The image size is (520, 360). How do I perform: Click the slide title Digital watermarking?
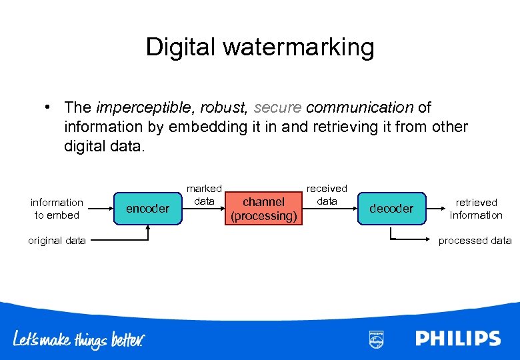(x=260, y=47)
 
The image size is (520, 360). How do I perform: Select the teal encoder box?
(x=147, y=209)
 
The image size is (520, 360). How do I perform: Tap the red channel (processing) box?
(x=263, y=209)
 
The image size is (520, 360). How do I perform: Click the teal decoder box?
(x=391, y=209)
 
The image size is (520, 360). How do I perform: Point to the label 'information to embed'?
(x=57, y=209)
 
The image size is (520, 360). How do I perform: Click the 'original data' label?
(x=57, y=241)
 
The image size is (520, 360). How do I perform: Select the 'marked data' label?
(x=204, y=195)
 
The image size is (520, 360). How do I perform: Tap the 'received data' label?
(x=327, y=195)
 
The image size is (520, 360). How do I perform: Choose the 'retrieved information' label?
(x=476, y=209)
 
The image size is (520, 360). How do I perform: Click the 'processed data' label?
(x=475, y=241)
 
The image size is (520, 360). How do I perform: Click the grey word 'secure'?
(x=277, y=107)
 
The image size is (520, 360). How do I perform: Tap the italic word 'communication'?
(x=359, y=107)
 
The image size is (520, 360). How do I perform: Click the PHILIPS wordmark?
(x=457, y=338)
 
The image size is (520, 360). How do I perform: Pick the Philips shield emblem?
(x=377, y=339)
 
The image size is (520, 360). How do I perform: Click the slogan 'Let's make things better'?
(x=79, y=339)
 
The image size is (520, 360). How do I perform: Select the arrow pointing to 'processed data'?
(x=413, y=239)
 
